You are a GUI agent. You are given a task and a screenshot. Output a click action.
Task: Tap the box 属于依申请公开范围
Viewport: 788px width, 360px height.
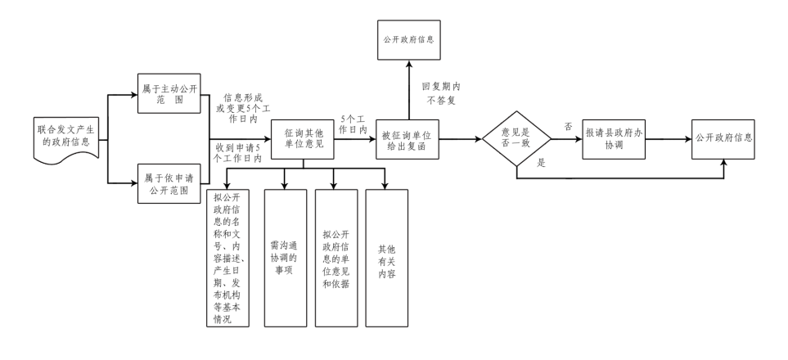(169, 184)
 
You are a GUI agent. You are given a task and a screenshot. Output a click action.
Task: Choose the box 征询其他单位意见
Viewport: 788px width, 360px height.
(304, 139)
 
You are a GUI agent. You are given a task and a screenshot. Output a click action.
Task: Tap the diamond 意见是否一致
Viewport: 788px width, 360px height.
(516, 140)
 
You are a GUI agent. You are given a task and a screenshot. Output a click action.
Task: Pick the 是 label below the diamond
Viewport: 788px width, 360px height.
(540, 164)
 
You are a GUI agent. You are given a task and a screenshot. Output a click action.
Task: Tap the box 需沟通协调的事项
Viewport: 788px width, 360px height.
(286, 258)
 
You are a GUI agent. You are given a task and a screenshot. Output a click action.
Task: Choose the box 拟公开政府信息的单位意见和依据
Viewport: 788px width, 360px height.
(335, 258)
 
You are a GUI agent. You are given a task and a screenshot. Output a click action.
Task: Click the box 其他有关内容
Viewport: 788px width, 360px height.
(385, 258)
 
